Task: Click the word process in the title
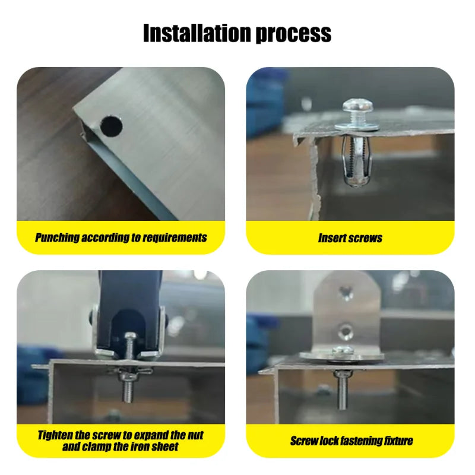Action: (x=294, y=34)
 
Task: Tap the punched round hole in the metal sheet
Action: (x=111, y=126)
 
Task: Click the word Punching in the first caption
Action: (x=57, y=237)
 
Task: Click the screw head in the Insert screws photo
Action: (x=357, y=107)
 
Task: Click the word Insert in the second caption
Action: (x=331, y=238)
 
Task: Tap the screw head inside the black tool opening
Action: (x=130, y=336)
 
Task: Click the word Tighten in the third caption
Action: (x=55, y=436)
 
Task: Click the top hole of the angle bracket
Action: (x=346, y=293)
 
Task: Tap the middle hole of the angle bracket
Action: (x=346, y=331)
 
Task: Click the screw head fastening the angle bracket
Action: (x=343, y=351)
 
